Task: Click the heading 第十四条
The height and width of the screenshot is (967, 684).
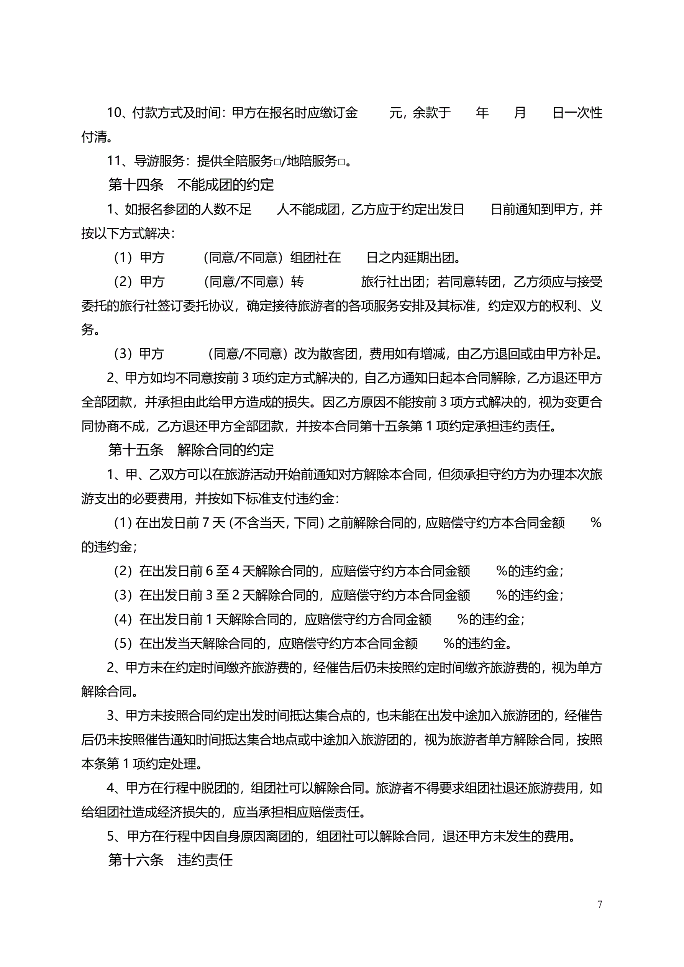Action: coord(136,185)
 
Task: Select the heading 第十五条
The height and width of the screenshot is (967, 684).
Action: coord(136,450)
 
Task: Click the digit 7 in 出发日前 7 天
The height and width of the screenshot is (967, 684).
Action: coord(206,523)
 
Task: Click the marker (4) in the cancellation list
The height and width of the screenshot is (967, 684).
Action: coord(123,619)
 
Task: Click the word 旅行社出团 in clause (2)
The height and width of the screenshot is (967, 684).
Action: coord(392,282)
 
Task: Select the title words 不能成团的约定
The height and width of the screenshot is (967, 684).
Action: coord(225,185)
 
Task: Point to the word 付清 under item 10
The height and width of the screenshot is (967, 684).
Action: coord(94,137)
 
